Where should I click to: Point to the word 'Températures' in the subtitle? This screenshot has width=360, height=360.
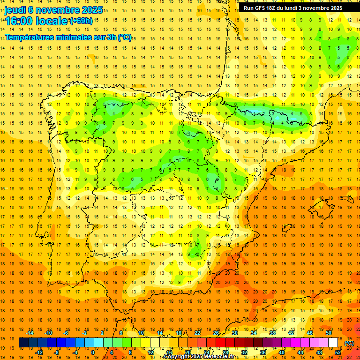(x=33, y=37)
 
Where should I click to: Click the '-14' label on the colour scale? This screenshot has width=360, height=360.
(x=30, y=333)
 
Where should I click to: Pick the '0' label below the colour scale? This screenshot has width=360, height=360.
(x=93, y=352)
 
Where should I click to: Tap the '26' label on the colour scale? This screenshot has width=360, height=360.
(x=216, y=333)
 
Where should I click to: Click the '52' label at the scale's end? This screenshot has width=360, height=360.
(x=338, y=352)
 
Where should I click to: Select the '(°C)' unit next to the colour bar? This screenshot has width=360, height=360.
(x=349, y=343)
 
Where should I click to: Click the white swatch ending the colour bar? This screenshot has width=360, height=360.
(x=333, y=343)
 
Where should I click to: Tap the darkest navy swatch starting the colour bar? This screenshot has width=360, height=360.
(x=23, y=343)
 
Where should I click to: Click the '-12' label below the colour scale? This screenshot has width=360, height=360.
(x=39, y=352)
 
